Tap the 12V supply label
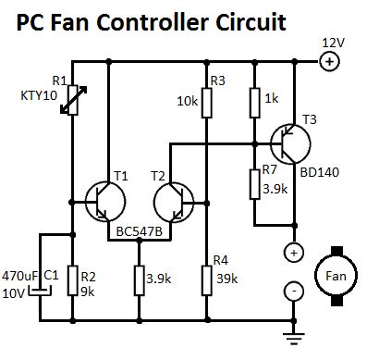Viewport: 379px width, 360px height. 332,43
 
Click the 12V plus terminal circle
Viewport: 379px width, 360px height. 328,61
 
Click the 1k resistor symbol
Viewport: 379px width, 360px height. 253,100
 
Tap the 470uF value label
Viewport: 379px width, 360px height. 18,276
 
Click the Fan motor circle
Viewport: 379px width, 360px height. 333,273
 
